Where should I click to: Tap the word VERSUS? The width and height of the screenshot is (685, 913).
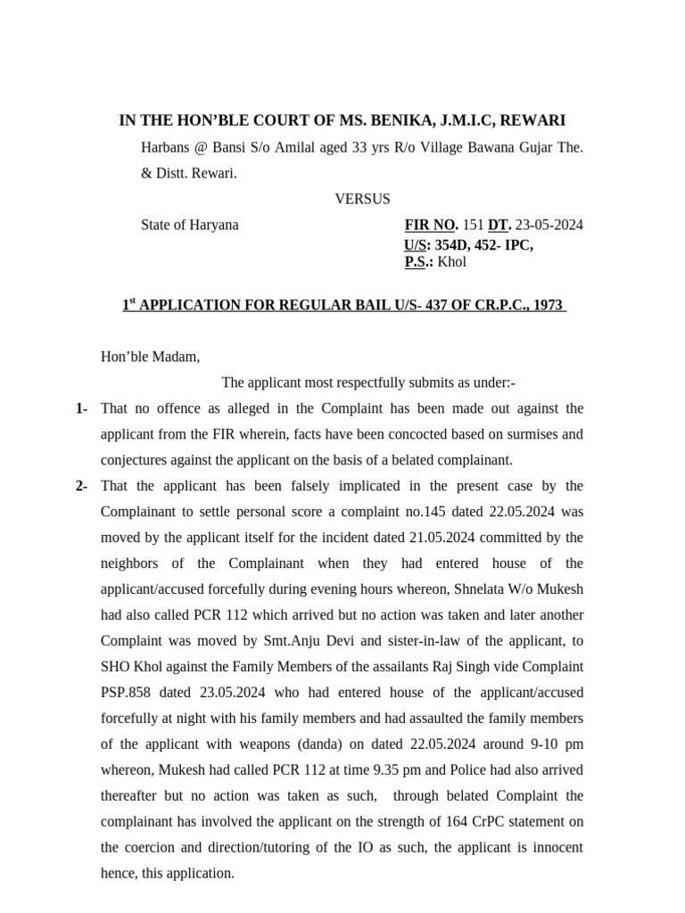click(362, 199)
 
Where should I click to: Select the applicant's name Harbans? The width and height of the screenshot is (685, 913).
click(166, 146)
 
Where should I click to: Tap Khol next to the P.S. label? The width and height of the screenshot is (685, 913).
click(452, 262)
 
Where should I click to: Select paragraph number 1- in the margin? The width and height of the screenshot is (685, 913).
click(81, 408)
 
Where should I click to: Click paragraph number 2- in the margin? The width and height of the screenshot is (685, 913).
click(81, 486)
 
